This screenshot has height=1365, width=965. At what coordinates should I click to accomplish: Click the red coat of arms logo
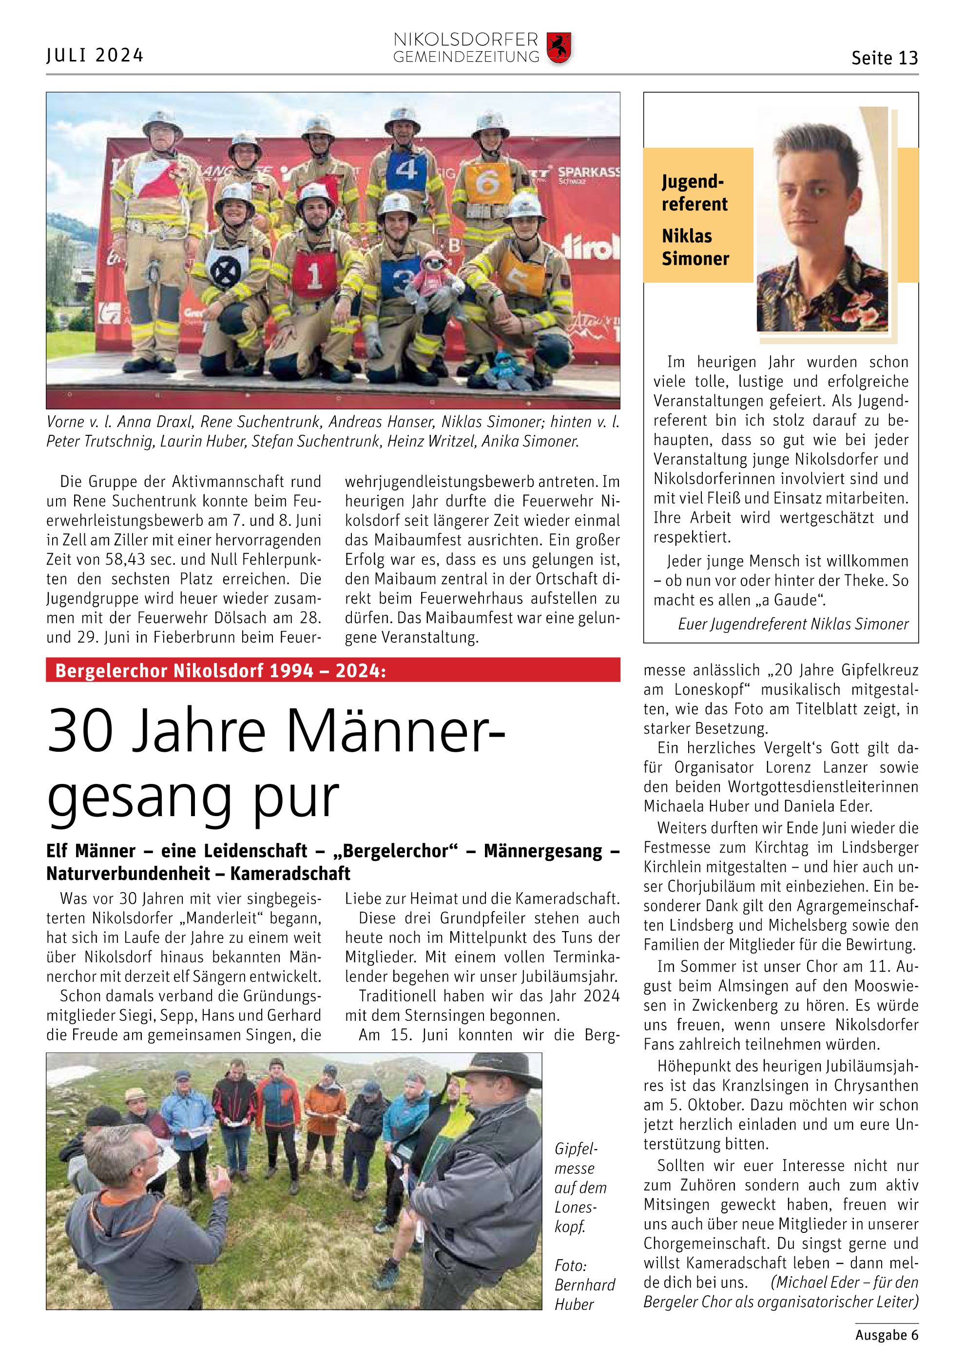pyautogui.click(x=559, y=48)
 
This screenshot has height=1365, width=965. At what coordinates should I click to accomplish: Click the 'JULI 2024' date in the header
pyautogui.click(x=95, y=55)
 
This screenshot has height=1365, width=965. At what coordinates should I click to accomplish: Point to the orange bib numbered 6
pyautogui.click(x=487, y=183)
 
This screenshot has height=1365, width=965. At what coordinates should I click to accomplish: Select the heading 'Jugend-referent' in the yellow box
pyautogui.click(x=694, y=193)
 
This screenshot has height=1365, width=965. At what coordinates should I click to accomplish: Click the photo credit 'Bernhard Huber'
pyautogui.click(x=583, y=1294)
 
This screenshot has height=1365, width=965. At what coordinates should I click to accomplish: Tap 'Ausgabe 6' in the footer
pyautogui.click(x=886, y=1334)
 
